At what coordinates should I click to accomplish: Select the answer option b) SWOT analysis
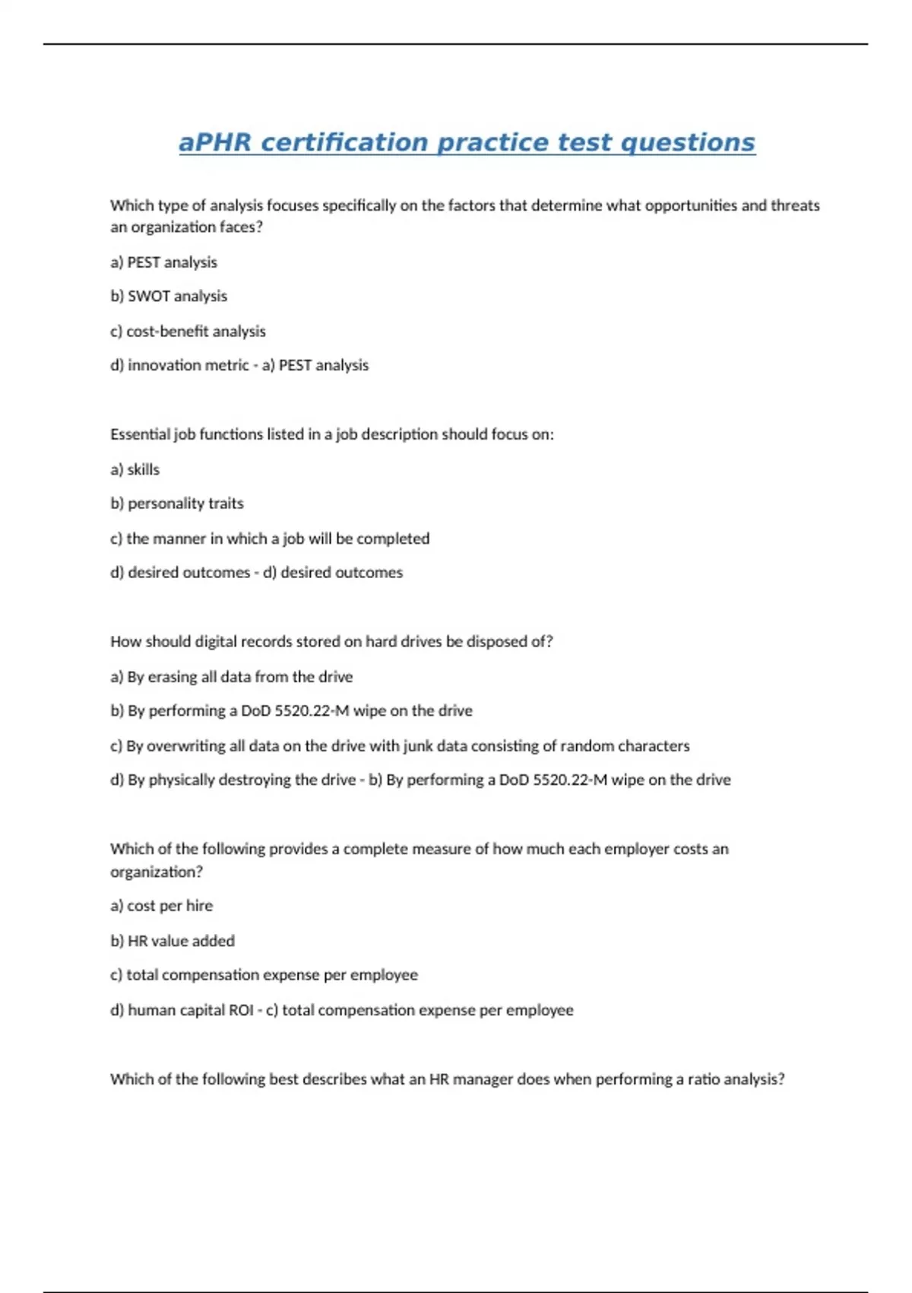pyautogui.click(x=169, y=296)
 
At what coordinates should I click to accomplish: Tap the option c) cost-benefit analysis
pyautogui.click(x=188, y=331)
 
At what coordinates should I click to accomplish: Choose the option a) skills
pyautogui.click(x=135, y=469)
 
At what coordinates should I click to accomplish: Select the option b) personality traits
pyautogui.click(x=176, y=504)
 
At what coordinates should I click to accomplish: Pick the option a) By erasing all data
pyautogui.click(x=231, y=676)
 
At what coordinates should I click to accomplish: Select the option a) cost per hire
pyautogui.click(x=161, y=905)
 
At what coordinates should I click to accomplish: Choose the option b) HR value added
pyautogui.click(x=173, y=940)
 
